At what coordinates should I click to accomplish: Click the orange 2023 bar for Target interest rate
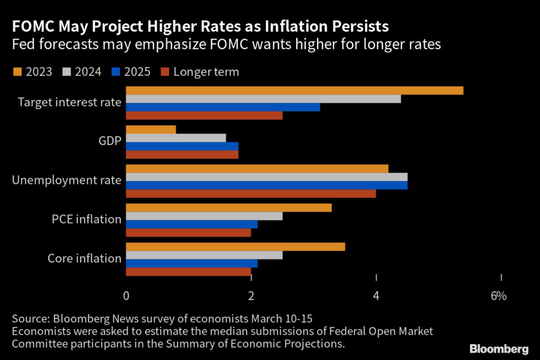point(294,90)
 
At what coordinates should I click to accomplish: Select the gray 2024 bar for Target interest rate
point(263,99)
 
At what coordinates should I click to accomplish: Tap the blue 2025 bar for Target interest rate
point(223,107)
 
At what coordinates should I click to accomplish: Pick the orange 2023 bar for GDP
point(151,130)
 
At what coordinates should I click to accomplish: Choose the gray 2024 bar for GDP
point(176,138)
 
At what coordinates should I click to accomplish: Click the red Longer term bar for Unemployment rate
point(251,193)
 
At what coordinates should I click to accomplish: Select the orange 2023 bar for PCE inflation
point(229,208)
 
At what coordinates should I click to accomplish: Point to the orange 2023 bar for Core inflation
point(235,247)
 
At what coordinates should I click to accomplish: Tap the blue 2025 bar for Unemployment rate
point(266,185)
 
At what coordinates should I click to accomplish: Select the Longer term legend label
point(206,72)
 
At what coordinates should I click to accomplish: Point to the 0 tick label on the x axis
point(126,296)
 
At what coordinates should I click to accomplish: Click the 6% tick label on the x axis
point(498,296)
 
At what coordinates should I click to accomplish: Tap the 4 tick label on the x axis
point(376,296)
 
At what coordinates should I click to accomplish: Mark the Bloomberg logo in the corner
point(499,349)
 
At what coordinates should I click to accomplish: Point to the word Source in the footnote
point(28,319)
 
